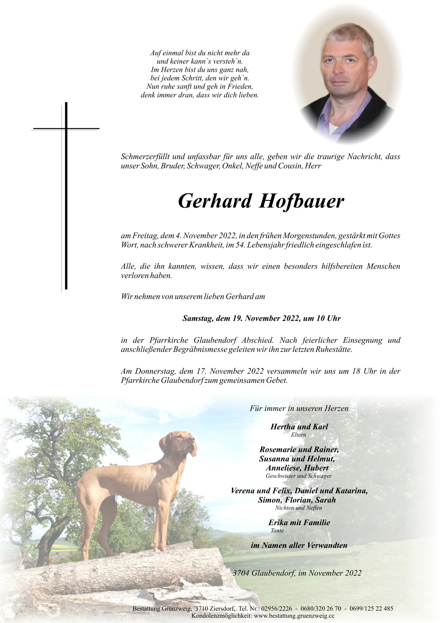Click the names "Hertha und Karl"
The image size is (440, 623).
(299, 427)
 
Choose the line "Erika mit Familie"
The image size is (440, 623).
(299, 522)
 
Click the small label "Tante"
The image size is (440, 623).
(277, 531)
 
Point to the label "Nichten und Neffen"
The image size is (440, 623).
(298, 508)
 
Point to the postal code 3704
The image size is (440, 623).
(241, 573)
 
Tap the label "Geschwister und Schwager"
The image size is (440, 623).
(299, 476)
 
